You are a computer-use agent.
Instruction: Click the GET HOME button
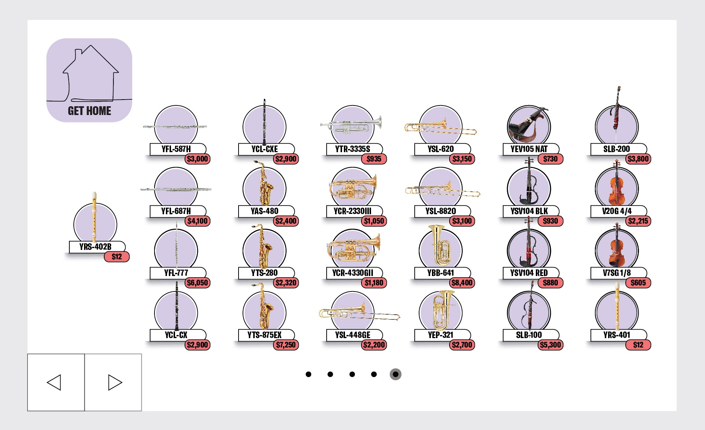pyautogui.click(x=89, y=80)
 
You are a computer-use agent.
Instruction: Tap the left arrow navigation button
pyautogui.click(x=56, y=382)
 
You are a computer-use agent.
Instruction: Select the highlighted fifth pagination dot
pyautogui.click(x=395, y=374)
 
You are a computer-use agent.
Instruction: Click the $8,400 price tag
pyautogui.click(x=462, y=283)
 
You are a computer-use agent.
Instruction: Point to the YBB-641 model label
pyautogui.click(x=441, y=273)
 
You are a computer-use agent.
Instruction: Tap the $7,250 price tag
pyautogui.click(x=286, y=345)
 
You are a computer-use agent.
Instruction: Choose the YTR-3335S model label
pyautogui.click(x=353, y=149)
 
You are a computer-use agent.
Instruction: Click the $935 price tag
pyautogui.click(x=374, y=159)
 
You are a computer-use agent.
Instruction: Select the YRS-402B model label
pyautogui.click(x=95, y=247)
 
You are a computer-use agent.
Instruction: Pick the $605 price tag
pyautogui.click(x=638, y=283)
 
